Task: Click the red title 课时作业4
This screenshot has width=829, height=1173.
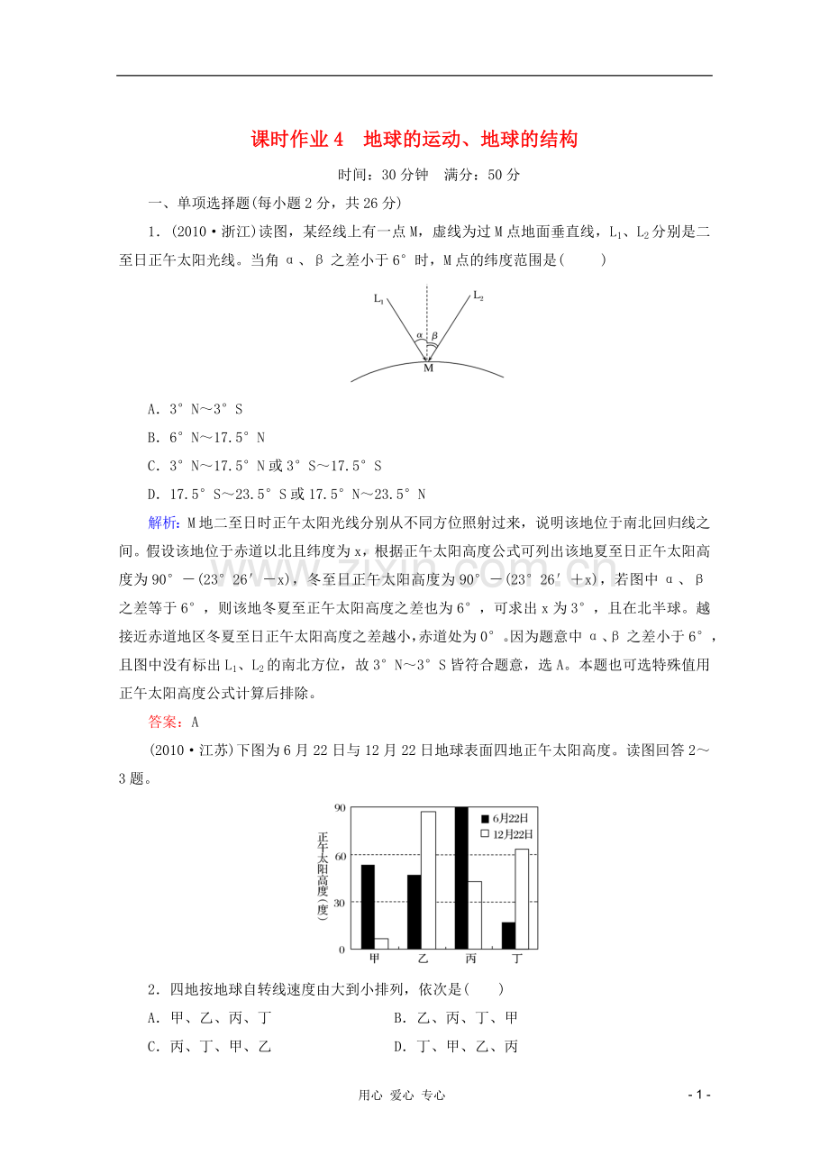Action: click(x=297, y=140)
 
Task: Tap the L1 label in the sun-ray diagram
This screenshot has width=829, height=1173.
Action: click(x=378, y=297)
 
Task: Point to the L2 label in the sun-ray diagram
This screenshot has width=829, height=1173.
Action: click(x=478, y=296)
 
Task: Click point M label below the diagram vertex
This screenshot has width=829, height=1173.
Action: click(x=428, y=368)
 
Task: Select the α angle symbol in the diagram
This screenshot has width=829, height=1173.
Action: click(x=419, y=336)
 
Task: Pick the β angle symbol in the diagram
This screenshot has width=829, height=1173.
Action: click(x=434, y=335)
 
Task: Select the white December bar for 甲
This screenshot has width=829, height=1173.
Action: click(x=381, y=943)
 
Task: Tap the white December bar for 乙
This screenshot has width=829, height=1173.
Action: click(x=428, y=880)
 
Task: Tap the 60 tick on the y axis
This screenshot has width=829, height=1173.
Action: click(x=340, y=855)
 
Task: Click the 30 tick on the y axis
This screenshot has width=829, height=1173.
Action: click(x=340, y=902)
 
